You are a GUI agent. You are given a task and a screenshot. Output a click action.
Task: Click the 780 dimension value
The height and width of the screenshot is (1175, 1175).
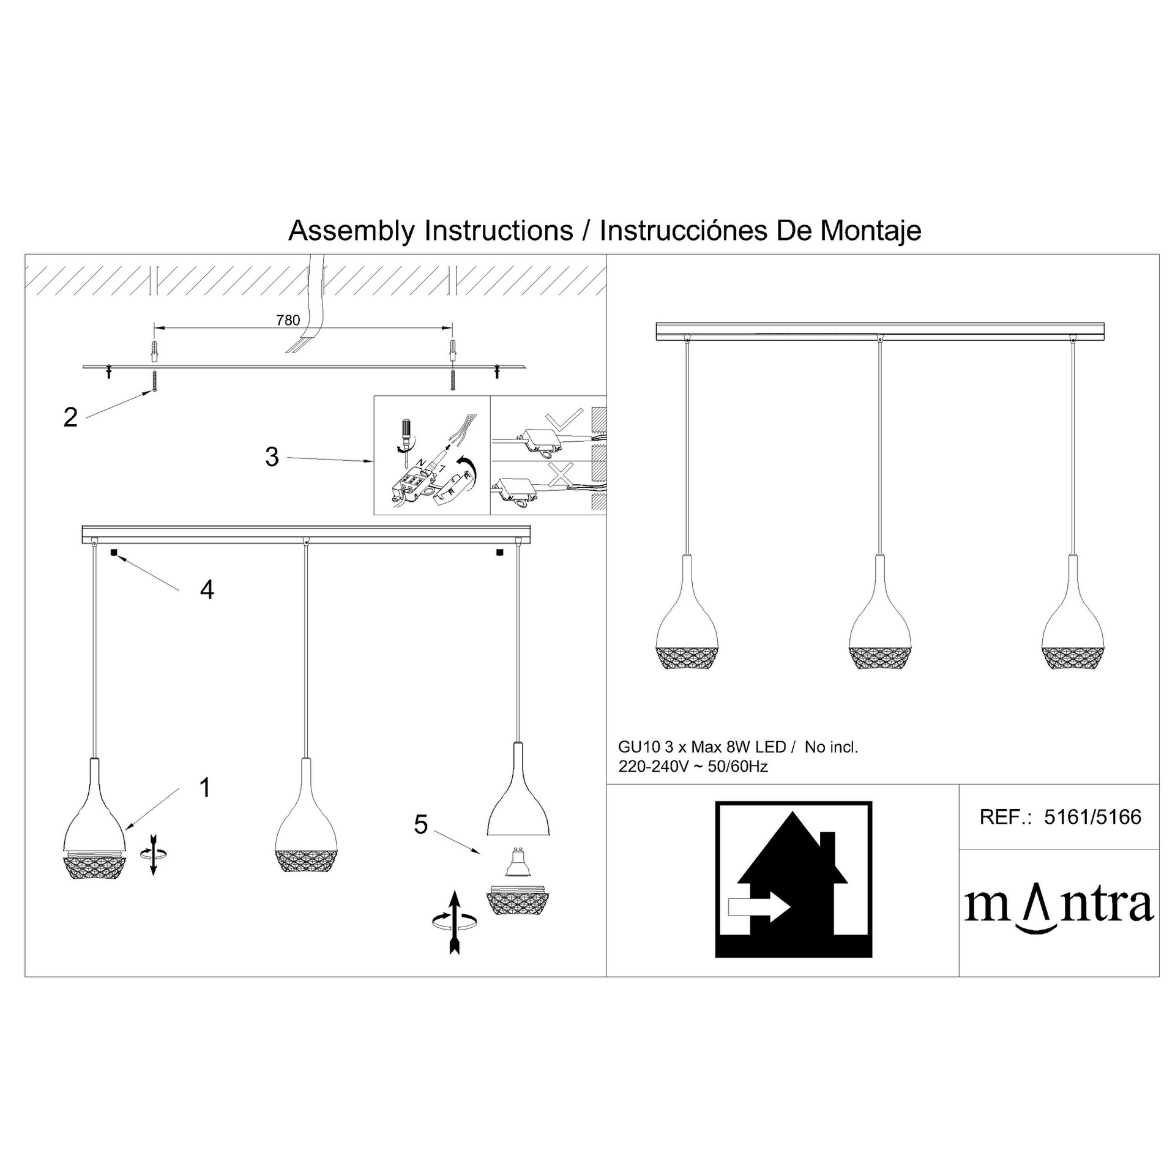pyautogui.click(x=288, y=320)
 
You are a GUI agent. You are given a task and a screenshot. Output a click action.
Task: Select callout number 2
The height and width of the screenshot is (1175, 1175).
pyautogui.click(x=70, y=417)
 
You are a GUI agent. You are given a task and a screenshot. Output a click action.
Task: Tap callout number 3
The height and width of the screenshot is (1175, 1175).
pyautogui.click(x=272, y=457)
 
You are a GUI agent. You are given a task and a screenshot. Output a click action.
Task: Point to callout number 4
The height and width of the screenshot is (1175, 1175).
pyautogui.click(x=207, y=590)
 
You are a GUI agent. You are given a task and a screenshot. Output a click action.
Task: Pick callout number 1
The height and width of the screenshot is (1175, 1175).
pyautogui.click(x=206, y=788)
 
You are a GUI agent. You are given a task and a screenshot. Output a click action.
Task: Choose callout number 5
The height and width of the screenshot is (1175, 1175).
pyautogui.click(x=420, y=824)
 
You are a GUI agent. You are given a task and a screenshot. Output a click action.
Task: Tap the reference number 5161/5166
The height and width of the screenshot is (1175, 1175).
pyautogui.click(x=1092, y=817)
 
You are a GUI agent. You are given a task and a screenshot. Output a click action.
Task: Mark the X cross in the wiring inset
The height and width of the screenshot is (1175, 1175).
pyautogui.click(x=561, y=475)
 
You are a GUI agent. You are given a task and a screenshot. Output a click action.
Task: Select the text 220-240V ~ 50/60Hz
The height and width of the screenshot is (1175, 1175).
pyautogui.click(x=693, y=766)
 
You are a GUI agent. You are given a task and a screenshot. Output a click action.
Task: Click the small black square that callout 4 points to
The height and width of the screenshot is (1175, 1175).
pyautogui.click(x=114, y=552)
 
